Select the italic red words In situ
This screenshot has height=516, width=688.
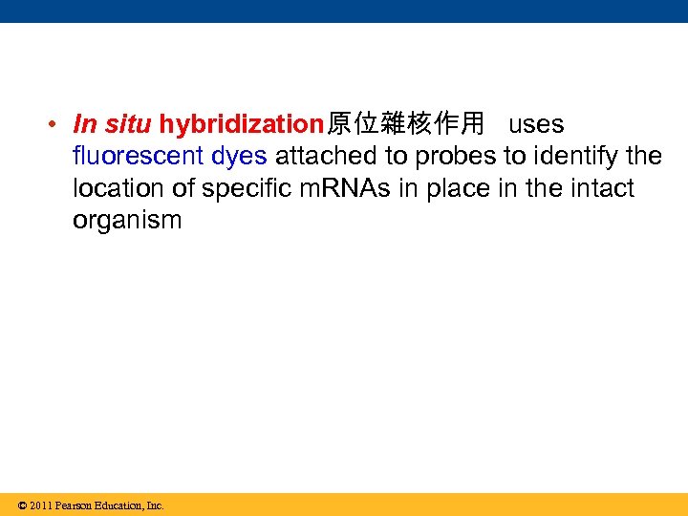coord(112,124)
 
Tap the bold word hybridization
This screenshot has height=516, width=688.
coord(243,124)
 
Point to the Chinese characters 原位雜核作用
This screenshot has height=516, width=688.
coord(405,124)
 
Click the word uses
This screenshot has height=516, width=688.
coord(536,124)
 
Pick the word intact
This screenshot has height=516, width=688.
coord(599,188)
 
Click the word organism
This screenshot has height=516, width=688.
coord(127,221)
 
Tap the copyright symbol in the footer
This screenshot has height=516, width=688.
coord(22,505)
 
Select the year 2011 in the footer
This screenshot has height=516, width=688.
coord(40,505)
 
